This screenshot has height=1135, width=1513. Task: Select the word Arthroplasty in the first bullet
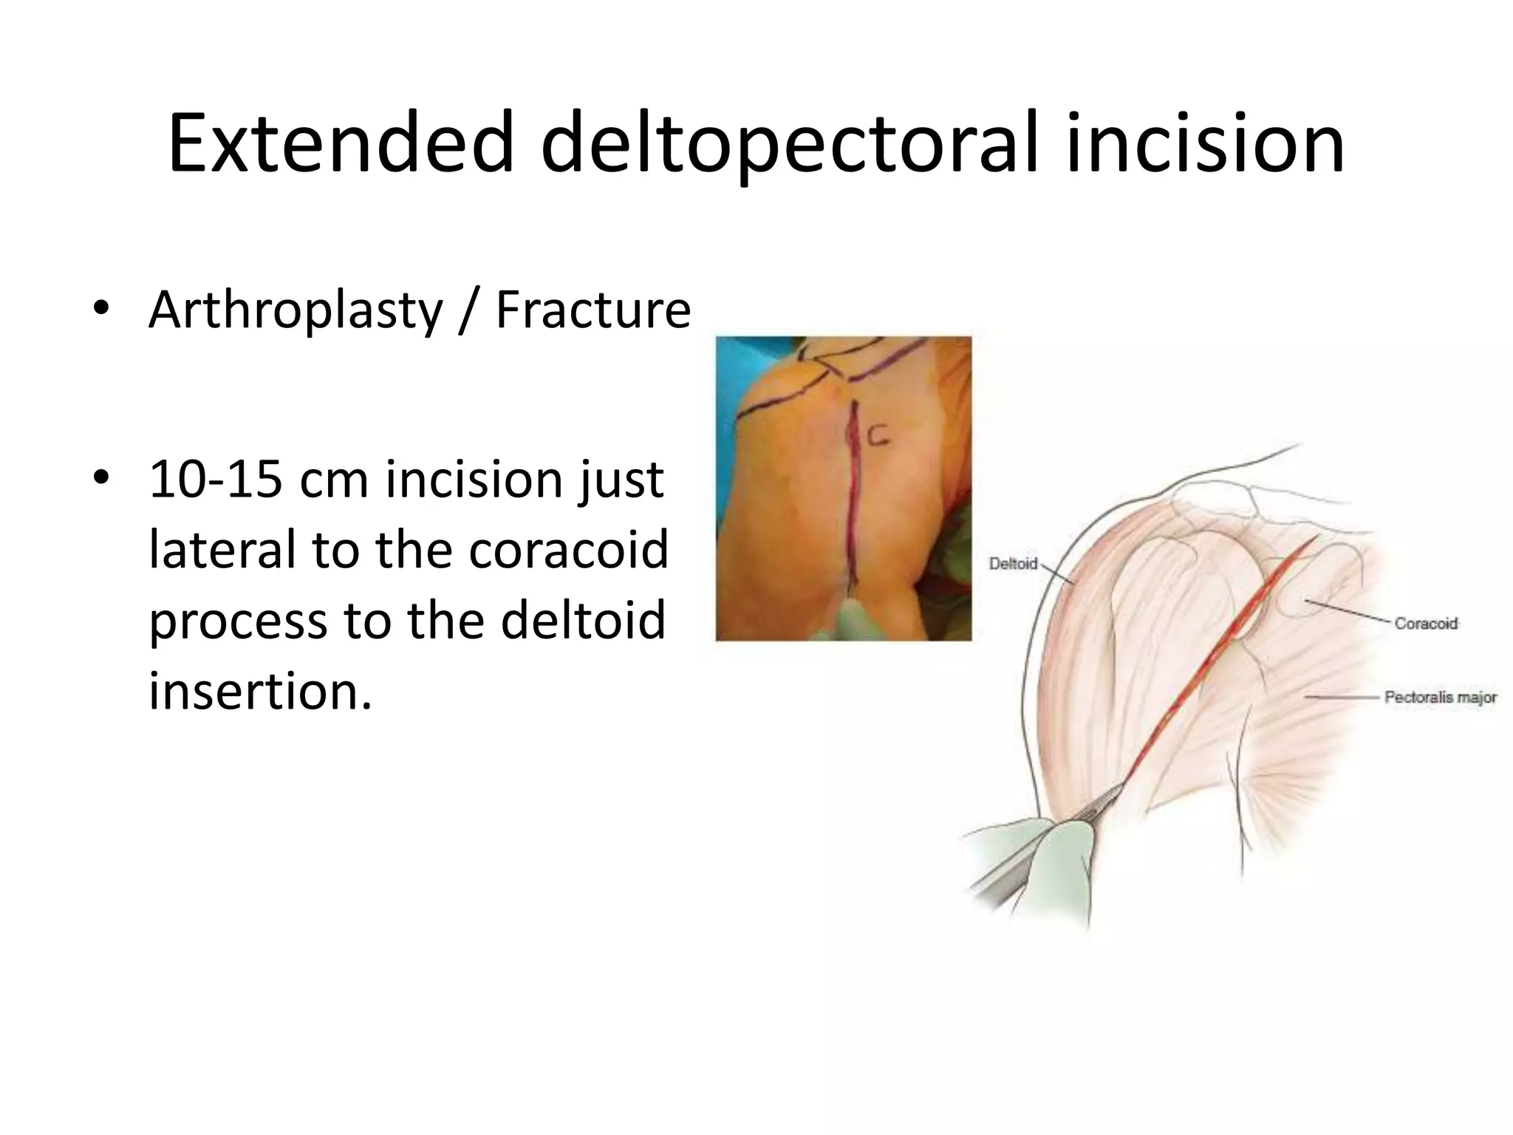pos(296,310)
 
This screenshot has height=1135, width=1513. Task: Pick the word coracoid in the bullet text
pos(568,550)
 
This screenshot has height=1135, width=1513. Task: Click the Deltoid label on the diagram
pos(1013,564)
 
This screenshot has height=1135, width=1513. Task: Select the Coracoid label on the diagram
pos(1426,623)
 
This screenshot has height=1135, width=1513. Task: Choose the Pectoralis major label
pos(1440,697)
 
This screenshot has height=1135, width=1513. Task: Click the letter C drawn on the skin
pos(877,437)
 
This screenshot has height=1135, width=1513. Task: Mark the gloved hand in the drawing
pos(1049,865)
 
